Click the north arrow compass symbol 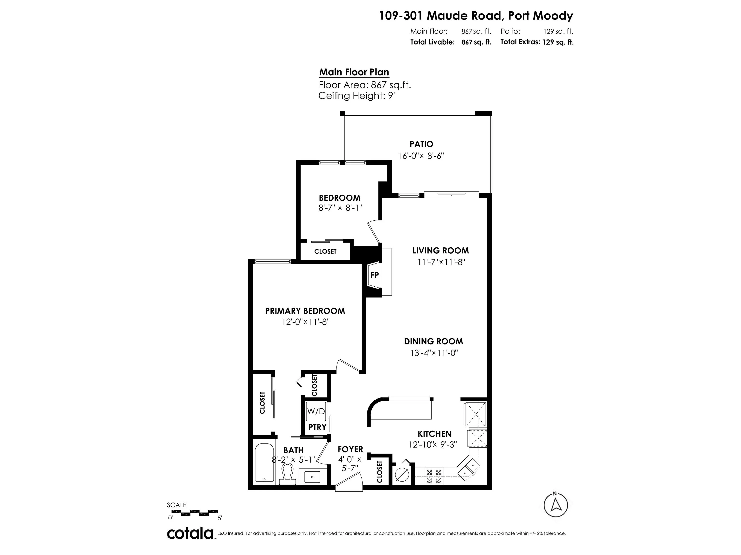tap(556, 505)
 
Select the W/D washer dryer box tap(316, 411)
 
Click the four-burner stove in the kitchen tap(433, 476)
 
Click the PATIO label tap(421, 144)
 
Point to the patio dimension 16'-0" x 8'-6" tap(421, 156)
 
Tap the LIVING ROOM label tap(440, 251)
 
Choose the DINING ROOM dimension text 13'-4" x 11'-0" tap(434, 353)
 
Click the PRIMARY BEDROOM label tap(305, 311)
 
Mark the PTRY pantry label tap(317, 427)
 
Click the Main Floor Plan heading tap(354, 72)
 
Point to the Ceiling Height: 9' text tap(357, 96)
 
